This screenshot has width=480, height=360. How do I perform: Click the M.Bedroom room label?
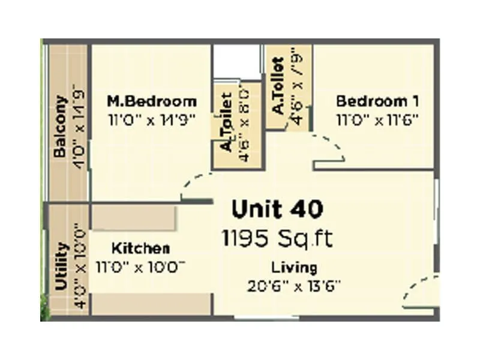(151, 101)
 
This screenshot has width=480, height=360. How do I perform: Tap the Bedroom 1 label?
(377, 101)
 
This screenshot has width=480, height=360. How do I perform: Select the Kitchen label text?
(141, 248)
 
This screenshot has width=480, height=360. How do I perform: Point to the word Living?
(294, 267)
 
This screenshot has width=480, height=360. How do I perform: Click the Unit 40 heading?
(278, 209)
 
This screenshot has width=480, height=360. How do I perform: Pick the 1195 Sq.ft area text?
(277, 238)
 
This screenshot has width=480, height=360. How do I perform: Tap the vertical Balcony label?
(60, 127)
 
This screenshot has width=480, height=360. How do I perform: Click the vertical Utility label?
(61, 266)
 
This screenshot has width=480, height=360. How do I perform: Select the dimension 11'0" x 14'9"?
(152, 119)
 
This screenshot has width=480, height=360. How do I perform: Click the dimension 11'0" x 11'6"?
(377, 119)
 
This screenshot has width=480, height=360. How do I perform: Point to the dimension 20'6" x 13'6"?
(294, 286)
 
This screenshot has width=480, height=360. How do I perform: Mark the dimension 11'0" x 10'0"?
(140, 266)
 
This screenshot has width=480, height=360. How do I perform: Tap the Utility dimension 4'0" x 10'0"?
(79, 266)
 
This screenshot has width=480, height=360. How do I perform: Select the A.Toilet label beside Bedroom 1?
(278, 86)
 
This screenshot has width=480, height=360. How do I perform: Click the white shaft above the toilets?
(237, 61)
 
